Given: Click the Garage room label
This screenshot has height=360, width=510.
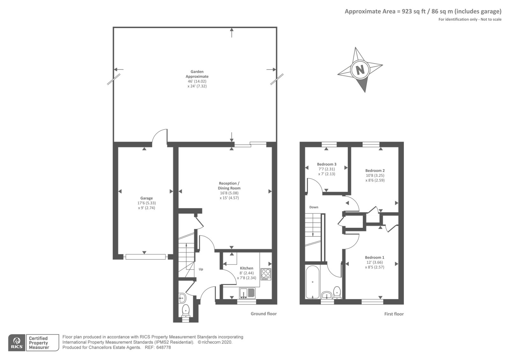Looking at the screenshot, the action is [146, 198].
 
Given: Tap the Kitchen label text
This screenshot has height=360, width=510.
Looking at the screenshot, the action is [247, 268].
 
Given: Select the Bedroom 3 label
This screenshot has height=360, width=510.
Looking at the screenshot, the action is [327, 164].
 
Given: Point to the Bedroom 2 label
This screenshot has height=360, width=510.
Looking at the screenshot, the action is [375, 170].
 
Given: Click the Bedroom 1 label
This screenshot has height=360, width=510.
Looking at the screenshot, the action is [375, 257].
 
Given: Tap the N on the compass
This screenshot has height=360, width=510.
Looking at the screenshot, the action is [360, 69].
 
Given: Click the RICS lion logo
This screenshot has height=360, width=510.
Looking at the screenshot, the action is [17, 341].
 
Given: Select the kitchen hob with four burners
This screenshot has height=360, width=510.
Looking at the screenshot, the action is [266, 274].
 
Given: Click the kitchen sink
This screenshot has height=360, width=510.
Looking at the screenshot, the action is [247, 293].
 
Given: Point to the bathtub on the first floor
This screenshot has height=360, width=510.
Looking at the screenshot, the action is [313, 282].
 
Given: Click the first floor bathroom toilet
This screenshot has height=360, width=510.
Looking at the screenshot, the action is [337, 293].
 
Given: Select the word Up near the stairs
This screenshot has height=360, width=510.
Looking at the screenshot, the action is [201, 269].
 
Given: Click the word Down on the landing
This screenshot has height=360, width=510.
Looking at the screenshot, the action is [314, 207].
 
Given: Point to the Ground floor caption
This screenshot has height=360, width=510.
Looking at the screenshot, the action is [264, 313].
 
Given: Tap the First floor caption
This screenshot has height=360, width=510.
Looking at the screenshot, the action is [394, 314].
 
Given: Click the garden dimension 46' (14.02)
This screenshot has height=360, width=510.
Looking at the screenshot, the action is [197, 81].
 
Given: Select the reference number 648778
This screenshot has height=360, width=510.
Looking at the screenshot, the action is [164, 348].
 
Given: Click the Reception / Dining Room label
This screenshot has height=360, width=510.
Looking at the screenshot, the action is [229, 186].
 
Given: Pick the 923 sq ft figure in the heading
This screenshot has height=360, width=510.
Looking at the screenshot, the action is [414, 11].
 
